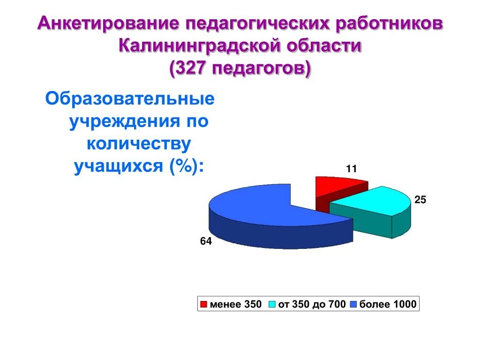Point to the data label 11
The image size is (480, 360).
(351, 169)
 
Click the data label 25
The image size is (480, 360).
(420, 200)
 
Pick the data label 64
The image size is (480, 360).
(206, 242)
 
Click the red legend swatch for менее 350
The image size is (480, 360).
(203, 305)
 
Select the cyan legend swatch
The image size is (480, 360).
(272, 305)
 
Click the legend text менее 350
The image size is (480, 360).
(235, 305)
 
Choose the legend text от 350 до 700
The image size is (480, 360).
(312, 305)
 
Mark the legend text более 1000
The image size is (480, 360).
(387, 305)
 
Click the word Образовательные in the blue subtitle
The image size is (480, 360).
(130, 99)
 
